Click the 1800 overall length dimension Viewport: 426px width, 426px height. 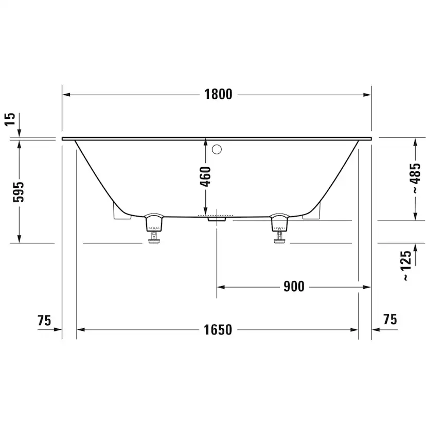pyautogui.click(x=218, y=94)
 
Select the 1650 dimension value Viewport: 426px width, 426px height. pyautogui.click(x=218, y=330)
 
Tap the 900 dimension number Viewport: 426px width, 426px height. pyautogui.click(x=294, y=287)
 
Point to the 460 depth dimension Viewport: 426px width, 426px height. pyautogui.click(x=205, y=176)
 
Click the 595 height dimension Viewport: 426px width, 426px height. pyautogui.click(x=19, y=191)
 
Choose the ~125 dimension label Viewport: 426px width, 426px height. pyautogui.click(x=406, y=265)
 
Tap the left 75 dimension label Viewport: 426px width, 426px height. pyautogui.click(x=44, y=320)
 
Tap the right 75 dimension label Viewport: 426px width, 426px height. pyautogui.click(x=390, y=319)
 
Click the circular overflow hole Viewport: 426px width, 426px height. pyautogui.click(x=217, y=150)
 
